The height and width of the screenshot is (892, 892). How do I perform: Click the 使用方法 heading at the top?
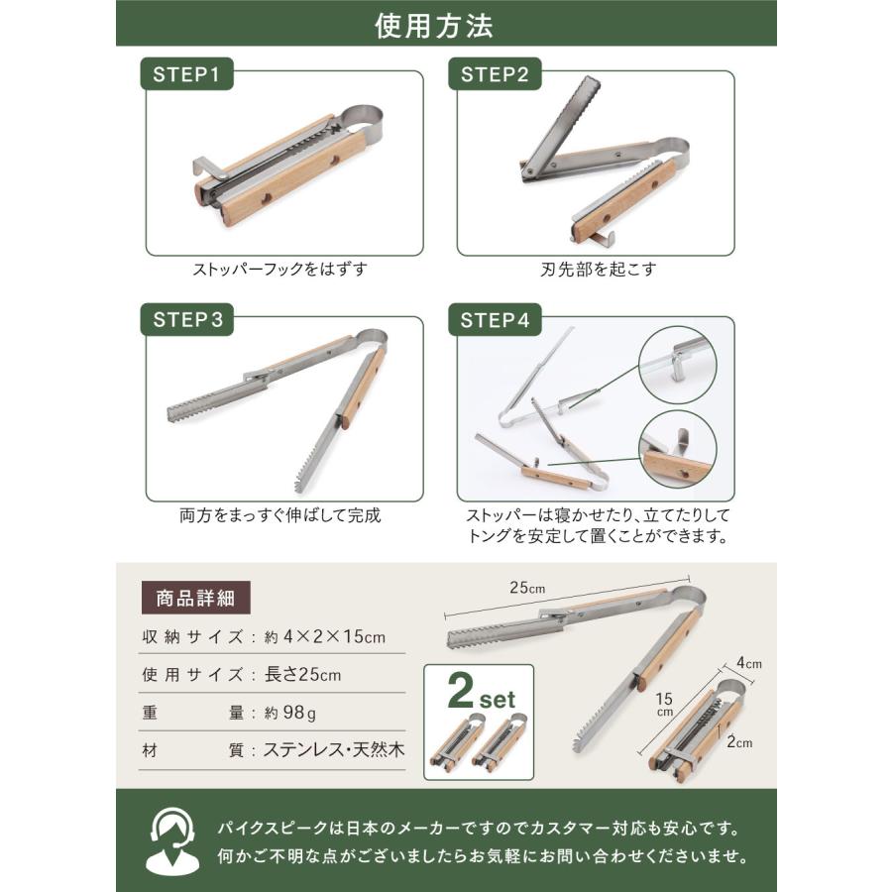click(x=446, y=25)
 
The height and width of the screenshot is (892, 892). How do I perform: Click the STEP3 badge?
click(x=187, y=320)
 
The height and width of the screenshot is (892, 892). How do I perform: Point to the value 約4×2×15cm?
click(x=322, y=636)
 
